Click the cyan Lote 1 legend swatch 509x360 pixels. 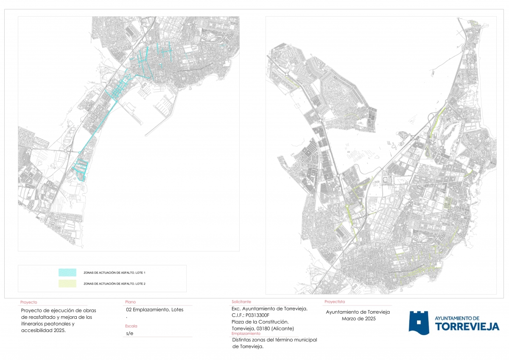tap(67, 273)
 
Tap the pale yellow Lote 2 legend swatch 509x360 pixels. tap(67, 284)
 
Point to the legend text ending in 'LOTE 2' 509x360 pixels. tap(115, 284)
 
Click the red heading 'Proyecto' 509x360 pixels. tap(29, 303)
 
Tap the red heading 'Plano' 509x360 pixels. tap(130, 302)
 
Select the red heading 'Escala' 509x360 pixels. tap(131, 326)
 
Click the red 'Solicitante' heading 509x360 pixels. tap(241, 302)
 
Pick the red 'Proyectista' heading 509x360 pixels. tap(335, 302)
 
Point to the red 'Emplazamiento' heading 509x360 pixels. tap(246, 334)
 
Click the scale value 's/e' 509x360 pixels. tap(130, 333)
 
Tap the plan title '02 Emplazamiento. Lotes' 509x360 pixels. tap(152, 309)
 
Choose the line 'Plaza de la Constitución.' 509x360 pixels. tap(260, 322)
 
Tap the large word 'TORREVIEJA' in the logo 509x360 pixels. tap(467, 326)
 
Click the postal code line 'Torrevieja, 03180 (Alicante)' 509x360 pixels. tap(263, 329)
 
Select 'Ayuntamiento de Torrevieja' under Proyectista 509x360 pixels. tap(358, 312)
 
